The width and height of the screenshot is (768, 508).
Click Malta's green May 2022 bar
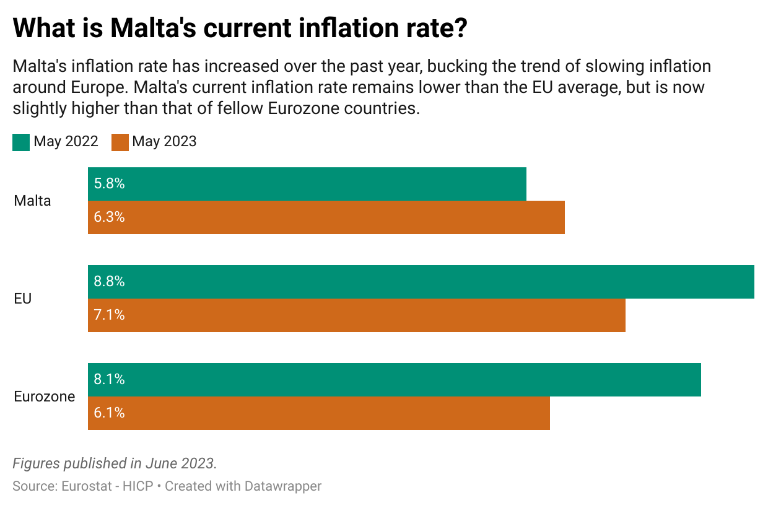tap(307, 184)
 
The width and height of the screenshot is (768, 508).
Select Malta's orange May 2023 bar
tap(326, 217)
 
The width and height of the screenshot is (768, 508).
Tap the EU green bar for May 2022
tap(421, 282)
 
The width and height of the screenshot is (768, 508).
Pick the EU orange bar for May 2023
tap(357, 315)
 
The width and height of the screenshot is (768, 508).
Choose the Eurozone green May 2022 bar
tap(395, 380)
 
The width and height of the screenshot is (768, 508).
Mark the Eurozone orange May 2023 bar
tap(319, 413)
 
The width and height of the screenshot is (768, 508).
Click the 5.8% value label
tap(109, 184)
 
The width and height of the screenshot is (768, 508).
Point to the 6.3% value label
tap(109, 217)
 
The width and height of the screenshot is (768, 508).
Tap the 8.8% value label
tap(109, 282)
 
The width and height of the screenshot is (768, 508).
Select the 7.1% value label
tap(109, 315)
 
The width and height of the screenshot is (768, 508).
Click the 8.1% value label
tap(109, 380)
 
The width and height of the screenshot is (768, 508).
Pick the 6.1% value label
tap(109, 413)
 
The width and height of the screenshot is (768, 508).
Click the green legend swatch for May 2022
tap(21, 142)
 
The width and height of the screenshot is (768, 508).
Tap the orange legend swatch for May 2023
tap(120, 142)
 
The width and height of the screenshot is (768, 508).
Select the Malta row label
tap(32, 201)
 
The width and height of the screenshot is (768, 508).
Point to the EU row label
tap(22, 299)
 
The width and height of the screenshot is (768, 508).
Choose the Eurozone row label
tap(44, 396)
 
